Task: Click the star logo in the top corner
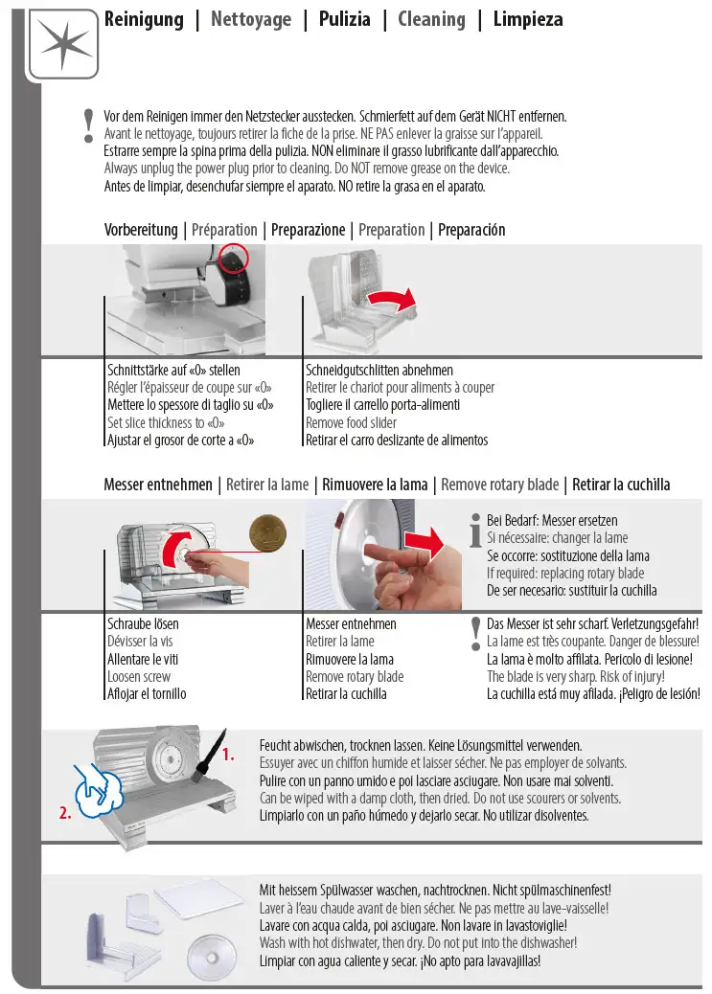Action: [x=63, y=43]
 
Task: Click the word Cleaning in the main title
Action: [x=431, y=19]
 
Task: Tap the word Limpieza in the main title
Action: [x=527, y=19]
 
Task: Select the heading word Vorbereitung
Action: [x=140, y=230]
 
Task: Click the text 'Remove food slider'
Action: [x=351, y=422]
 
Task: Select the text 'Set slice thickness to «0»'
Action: [x=166, y=422]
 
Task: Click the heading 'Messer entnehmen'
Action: [x=158, y=485]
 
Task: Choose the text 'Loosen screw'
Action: [x=139, y=676]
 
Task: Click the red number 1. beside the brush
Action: [x=228, y=755]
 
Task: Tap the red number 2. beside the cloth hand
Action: [x=64, y=814]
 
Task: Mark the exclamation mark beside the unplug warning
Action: [x=89, y=125]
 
